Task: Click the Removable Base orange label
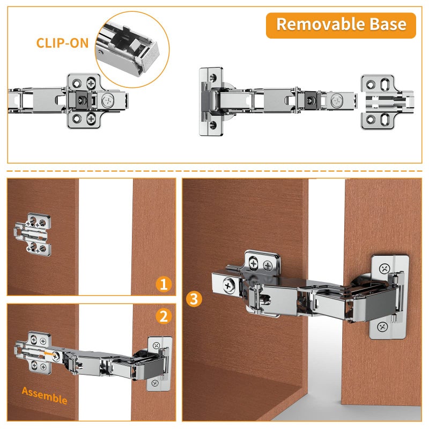(x=341, y=25)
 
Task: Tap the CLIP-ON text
(x=62, y=43)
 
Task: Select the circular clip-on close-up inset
(x=132, y=49)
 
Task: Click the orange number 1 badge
(x=164, y=284)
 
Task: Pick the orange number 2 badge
(x=164, y=316)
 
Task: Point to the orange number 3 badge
(x=194, y=299)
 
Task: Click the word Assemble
(x=45, y=396)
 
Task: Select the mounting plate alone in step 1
(x=33, y=235)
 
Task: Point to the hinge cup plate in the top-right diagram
(x=211, y=101)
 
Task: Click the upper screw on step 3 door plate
(x=384, y=269)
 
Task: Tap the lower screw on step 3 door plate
(x=382, y=327)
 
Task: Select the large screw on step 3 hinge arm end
(x=228, y=286)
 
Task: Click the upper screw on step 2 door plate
(x=156, y=345)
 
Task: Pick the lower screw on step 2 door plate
(x=155, y=383)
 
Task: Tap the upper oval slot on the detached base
(x=385, y=84)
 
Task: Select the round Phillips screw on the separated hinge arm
(x=337, y=101)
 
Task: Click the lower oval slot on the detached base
(x=385, y=119)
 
